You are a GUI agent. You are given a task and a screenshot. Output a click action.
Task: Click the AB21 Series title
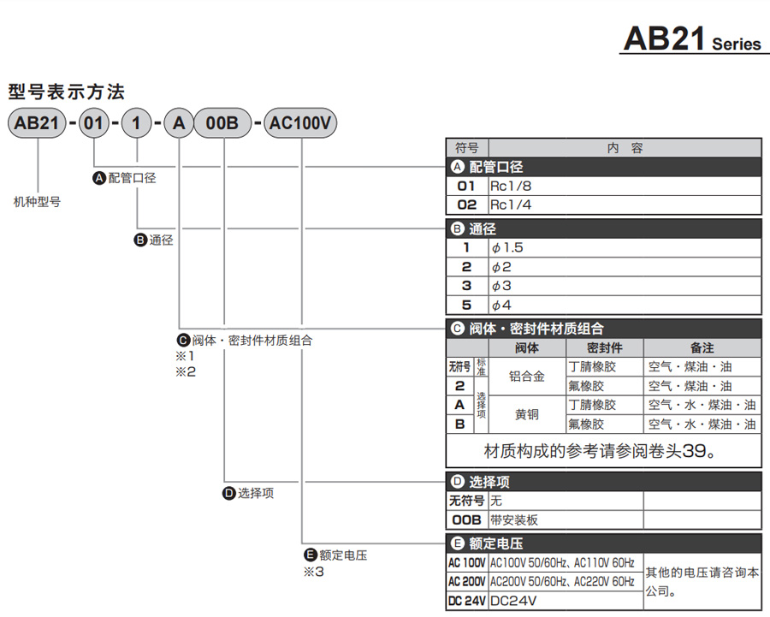(x=691, y=39)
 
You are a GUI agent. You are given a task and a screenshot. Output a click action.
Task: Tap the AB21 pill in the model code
(x=37, y=124)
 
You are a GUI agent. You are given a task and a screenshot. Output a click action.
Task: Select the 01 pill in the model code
(x=93, y=124)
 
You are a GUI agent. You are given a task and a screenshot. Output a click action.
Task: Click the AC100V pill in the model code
(x=300, y=124)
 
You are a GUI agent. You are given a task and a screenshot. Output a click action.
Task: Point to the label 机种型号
(x=37, y=202)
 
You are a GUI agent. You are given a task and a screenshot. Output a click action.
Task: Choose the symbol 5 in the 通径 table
(x=466, y=305)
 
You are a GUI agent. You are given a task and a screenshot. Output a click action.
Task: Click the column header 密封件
(x=604, y=348)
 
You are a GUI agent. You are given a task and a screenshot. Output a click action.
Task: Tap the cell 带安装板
(x=514, y=520)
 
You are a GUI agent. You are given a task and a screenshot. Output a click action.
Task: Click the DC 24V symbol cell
(x=467, y=602)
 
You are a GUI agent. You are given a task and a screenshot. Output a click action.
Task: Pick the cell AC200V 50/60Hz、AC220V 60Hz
(x=562, y=582)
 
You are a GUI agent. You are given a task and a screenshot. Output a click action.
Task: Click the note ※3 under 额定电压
(x=313, y=572)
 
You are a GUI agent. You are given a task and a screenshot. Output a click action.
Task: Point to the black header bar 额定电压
(x=603, y=543)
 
